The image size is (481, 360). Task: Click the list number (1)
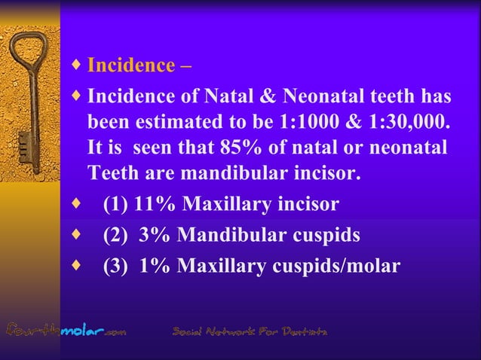[x=116, y=205]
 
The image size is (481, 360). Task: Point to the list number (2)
[x=116, y=235]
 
